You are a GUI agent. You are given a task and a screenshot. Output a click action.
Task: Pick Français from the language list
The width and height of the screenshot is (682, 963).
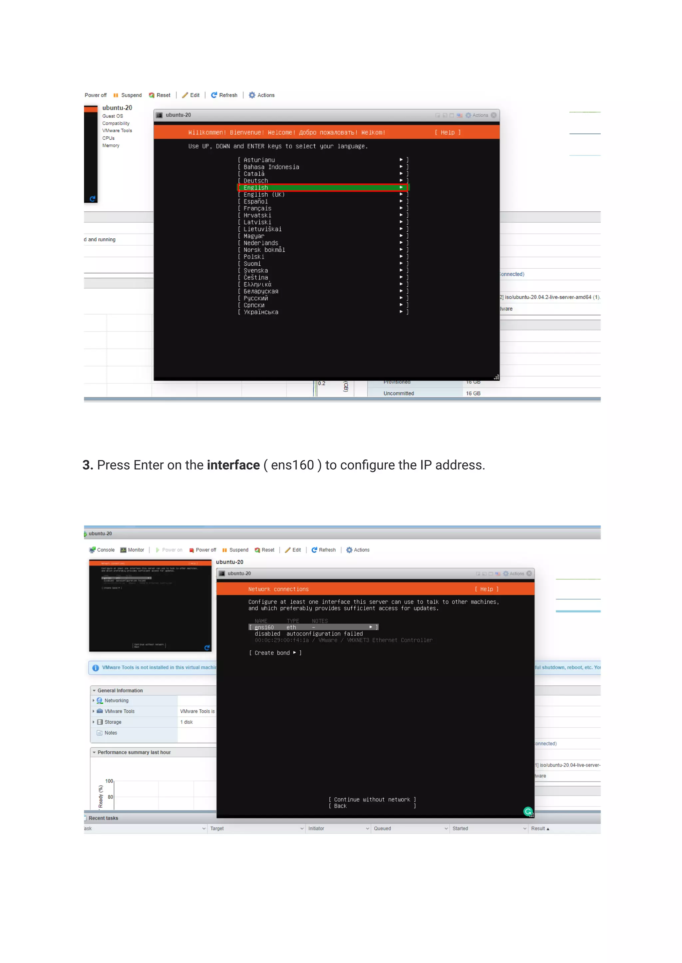[x=257, y=209]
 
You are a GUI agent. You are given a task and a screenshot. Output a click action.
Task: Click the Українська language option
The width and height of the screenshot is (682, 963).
[x=261, y=312]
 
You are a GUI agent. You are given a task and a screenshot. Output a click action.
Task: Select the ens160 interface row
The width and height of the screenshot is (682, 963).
[x=313, y=627]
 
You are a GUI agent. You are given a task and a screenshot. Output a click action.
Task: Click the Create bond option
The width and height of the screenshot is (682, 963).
[x=275, y=653]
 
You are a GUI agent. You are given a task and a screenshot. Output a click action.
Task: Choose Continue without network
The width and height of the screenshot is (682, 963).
[x=372, y=800]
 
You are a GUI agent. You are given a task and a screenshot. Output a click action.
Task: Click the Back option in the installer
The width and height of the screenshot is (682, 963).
[x=340, y=806]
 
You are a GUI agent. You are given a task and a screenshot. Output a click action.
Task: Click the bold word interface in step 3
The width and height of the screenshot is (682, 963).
[x=233, y=465]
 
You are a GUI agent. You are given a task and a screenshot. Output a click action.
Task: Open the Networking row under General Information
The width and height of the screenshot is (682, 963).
[x=116, y=701]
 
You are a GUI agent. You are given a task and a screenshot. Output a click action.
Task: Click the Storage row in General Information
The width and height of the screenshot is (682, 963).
[x=113, y=722]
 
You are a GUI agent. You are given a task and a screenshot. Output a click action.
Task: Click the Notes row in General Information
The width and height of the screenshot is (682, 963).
[x=111, y=733]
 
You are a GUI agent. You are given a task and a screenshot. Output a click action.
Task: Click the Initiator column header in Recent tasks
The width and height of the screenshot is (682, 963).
[x=316, y=829]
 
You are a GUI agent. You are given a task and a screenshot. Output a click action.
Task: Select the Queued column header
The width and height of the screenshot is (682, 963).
[x=382, y=829]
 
